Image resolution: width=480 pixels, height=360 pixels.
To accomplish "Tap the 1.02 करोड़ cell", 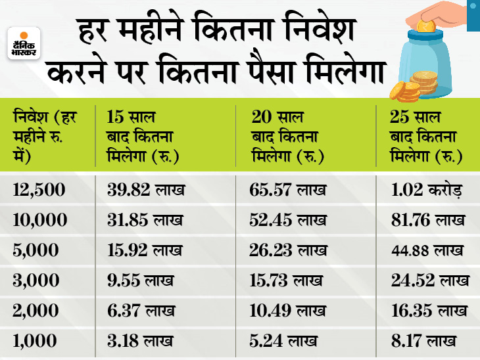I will pos(427,191).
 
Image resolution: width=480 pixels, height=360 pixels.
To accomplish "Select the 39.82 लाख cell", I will pos(147,191).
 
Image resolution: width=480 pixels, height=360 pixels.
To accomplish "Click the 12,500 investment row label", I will pos(39,191).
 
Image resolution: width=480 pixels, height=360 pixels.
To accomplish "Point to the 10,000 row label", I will pos(39,221).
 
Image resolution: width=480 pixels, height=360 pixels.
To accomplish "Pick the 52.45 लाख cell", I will pos(289,221).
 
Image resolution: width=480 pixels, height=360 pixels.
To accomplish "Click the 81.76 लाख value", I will pos(428,221).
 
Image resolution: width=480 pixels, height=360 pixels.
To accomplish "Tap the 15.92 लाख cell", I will pos(147,250).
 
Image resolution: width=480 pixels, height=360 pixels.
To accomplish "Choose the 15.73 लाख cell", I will pos(286,281).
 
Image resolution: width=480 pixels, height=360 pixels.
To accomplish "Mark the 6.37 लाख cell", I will pos(140,310).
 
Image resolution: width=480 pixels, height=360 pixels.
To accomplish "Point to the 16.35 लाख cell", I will pos(428,310).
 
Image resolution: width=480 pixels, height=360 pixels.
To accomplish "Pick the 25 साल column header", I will pos(425,139).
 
